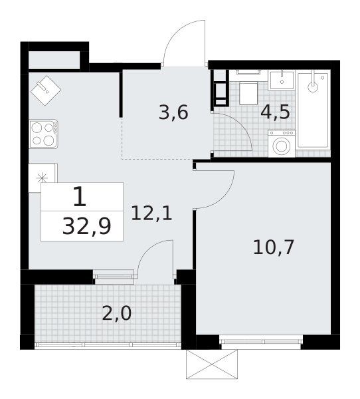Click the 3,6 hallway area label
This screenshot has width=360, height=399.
click(173, 113)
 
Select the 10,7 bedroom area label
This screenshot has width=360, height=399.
click(274, 247)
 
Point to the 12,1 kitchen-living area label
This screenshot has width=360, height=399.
click(151, 213)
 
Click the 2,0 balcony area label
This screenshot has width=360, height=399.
click(117, 313)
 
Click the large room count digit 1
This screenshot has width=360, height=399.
click(80, 196)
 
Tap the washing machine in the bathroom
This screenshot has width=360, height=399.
click(282, 144)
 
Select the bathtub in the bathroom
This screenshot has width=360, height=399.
click(314, 110)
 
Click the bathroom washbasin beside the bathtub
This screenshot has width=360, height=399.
click(282, 80)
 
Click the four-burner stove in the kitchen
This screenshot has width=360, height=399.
click(44, 134)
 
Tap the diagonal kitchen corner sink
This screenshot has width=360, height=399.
click(46, 90)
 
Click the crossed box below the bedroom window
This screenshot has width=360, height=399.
click(212, 364)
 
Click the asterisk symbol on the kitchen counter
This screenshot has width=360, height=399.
click(41, 178)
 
